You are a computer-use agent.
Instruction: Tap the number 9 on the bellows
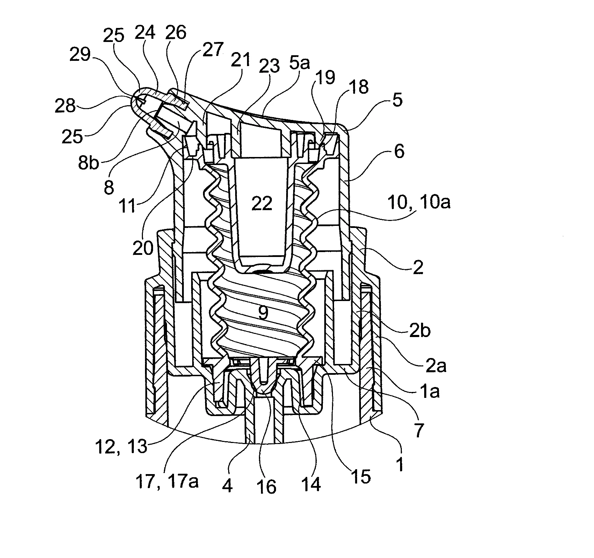(x=263, y=313)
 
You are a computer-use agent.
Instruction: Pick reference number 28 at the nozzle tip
(x=65, y=105)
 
